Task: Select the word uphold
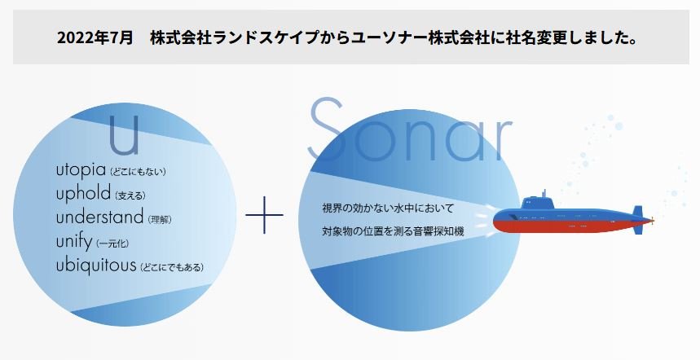tap(84, 195)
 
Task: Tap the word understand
tap(100, 218)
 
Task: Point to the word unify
tap(74, 242)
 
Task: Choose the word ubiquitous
tap(97, 266)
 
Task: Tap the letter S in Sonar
tap(329, 130)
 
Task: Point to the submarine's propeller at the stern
tap(649, 219)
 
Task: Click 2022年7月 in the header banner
tap(95, 38)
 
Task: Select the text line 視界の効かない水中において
tap(388, 209)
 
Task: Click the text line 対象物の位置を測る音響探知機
tap(393, 232)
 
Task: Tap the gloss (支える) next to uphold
tap(130, 196)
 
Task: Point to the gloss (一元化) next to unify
tap(112, 244)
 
